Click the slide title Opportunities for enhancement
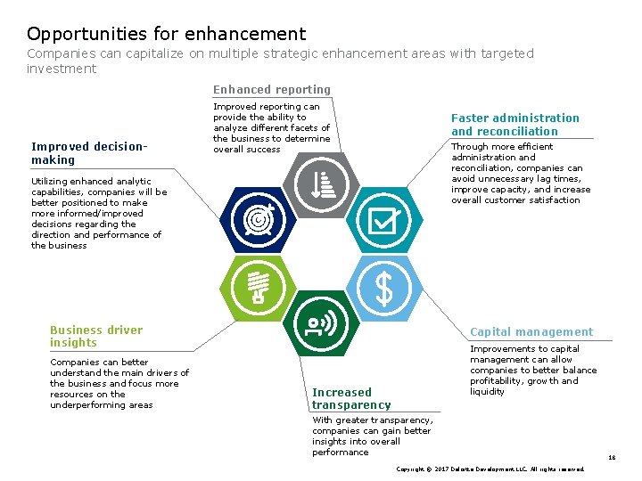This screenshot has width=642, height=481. coord(166,34)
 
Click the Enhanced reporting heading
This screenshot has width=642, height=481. coord(271,89)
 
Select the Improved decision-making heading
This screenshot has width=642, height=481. coord(88,153)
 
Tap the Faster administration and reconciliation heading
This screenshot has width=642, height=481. coord(514,124)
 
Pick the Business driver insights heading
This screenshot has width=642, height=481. coord(95,336)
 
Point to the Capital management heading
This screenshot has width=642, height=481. coord(531,331)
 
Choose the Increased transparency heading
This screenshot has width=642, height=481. coord(350,398)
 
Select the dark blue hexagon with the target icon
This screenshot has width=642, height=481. coord(259,218)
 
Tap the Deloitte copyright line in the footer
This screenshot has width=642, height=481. coord(490,469)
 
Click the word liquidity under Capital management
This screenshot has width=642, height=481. coord(487,392)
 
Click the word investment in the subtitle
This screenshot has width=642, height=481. coord(61,69)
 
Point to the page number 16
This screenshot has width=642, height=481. coord(612,457)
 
